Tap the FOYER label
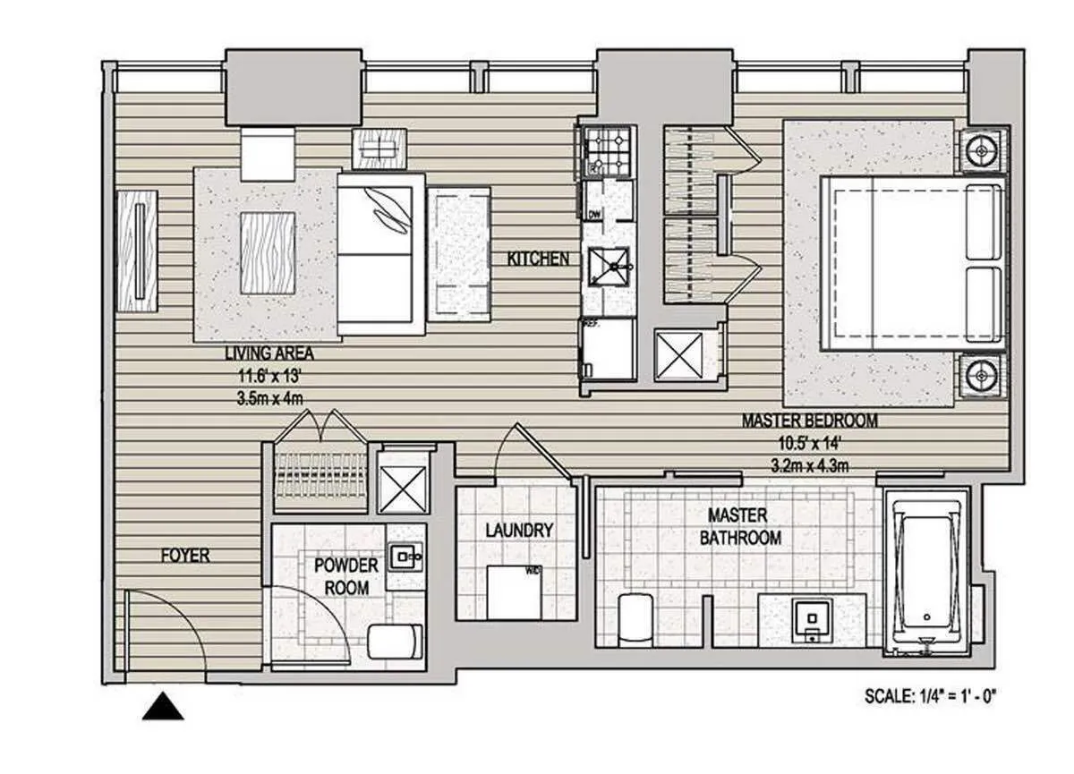coord(185,556)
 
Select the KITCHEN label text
coord(538,259)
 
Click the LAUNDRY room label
coord(519,531)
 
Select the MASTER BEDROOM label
coord(809,421)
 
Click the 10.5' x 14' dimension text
coord(809,442)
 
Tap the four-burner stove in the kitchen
coord(609,150)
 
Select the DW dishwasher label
coord(593,213)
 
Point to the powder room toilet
coord(395,641)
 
